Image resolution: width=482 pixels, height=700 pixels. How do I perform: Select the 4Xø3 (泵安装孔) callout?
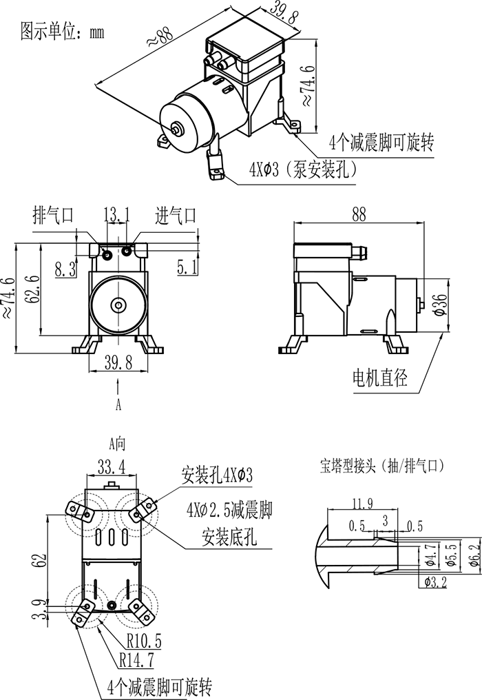302,169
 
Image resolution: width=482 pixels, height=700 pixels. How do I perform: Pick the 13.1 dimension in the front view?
116,216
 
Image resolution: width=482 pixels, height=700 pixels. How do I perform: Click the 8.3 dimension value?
65,269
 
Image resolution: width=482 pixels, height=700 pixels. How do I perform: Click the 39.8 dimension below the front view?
118,364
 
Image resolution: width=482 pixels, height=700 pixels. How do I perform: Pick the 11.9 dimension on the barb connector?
361,504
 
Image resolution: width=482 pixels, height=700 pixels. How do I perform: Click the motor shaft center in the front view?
119,305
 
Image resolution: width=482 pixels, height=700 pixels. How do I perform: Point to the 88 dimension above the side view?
359,214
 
